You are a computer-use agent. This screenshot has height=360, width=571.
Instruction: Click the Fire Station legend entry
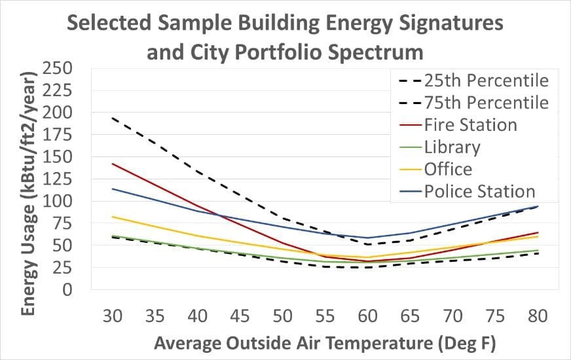click(470, 124)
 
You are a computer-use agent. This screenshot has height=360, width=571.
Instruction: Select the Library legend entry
click(452, 147)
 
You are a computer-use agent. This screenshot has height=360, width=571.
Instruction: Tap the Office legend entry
click(448, 169)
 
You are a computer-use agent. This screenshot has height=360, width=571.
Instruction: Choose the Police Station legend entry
click(479, 191)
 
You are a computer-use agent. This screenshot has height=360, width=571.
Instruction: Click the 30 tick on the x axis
click(113, 316)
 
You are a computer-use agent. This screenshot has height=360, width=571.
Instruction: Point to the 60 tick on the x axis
click(367, 316)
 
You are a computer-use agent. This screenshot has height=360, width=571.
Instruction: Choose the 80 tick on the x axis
click(537, 316)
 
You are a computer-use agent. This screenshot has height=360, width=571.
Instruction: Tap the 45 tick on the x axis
click(240, 316)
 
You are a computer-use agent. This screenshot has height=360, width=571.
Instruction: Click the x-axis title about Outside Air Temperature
click(325, 342)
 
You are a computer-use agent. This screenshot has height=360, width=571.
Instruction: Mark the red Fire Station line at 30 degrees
click(113, 164)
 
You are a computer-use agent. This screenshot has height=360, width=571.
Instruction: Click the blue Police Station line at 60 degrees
click(367, 238)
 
